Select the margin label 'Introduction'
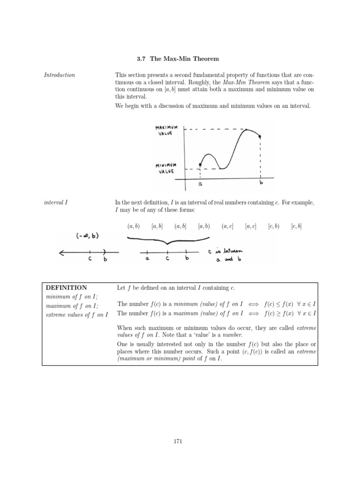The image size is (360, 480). point(60,75)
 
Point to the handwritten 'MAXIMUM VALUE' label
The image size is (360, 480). point(164,130)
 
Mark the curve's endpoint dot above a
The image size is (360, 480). point(200,165)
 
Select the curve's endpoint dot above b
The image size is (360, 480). point(260,137)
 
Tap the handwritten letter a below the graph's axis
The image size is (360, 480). point(200,185)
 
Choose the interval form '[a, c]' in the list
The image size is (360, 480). point(251,226)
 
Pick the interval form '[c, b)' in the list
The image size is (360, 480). point(273,226)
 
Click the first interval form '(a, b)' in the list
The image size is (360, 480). point(134,226)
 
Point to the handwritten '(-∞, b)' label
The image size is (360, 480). point(88,235)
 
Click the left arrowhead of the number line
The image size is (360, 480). point(61,253)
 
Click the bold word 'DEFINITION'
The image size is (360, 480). point(66,287)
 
